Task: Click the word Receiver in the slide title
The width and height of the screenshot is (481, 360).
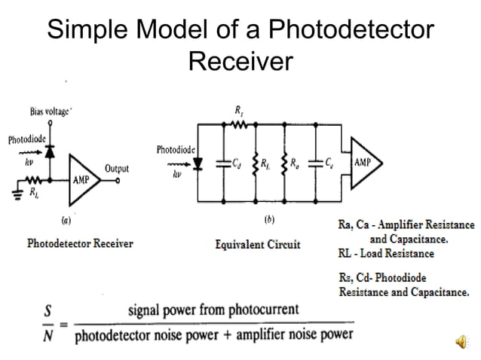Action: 240,61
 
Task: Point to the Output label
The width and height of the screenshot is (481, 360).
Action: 117,168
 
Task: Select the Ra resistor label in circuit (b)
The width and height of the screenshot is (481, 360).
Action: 296,163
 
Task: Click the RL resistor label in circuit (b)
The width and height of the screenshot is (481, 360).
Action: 266,163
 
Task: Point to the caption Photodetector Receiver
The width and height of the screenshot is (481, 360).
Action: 80,244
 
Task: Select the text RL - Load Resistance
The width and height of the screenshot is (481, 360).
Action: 386,254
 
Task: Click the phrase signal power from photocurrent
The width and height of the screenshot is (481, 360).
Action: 213,310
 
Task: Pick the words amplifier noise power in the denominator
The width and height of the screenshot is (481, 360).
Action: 297,334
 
